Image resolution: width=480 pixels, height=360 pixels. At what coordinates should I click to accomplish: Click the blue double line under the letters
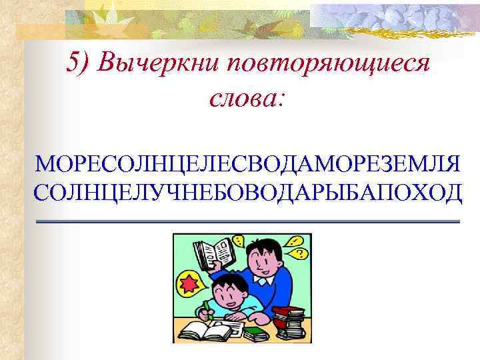coord(247,221)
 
